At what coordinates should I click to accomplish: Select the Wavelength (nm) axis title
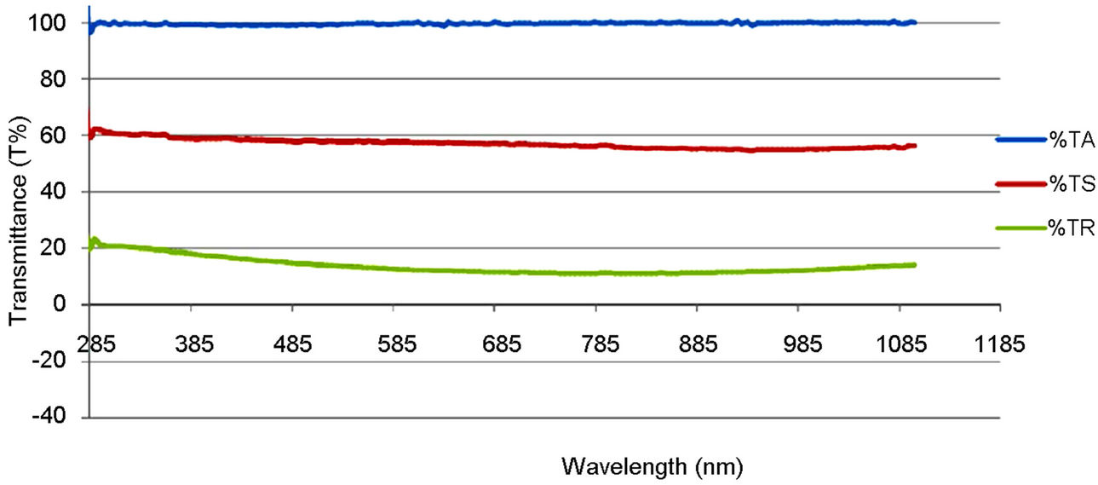coord(652,466)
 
